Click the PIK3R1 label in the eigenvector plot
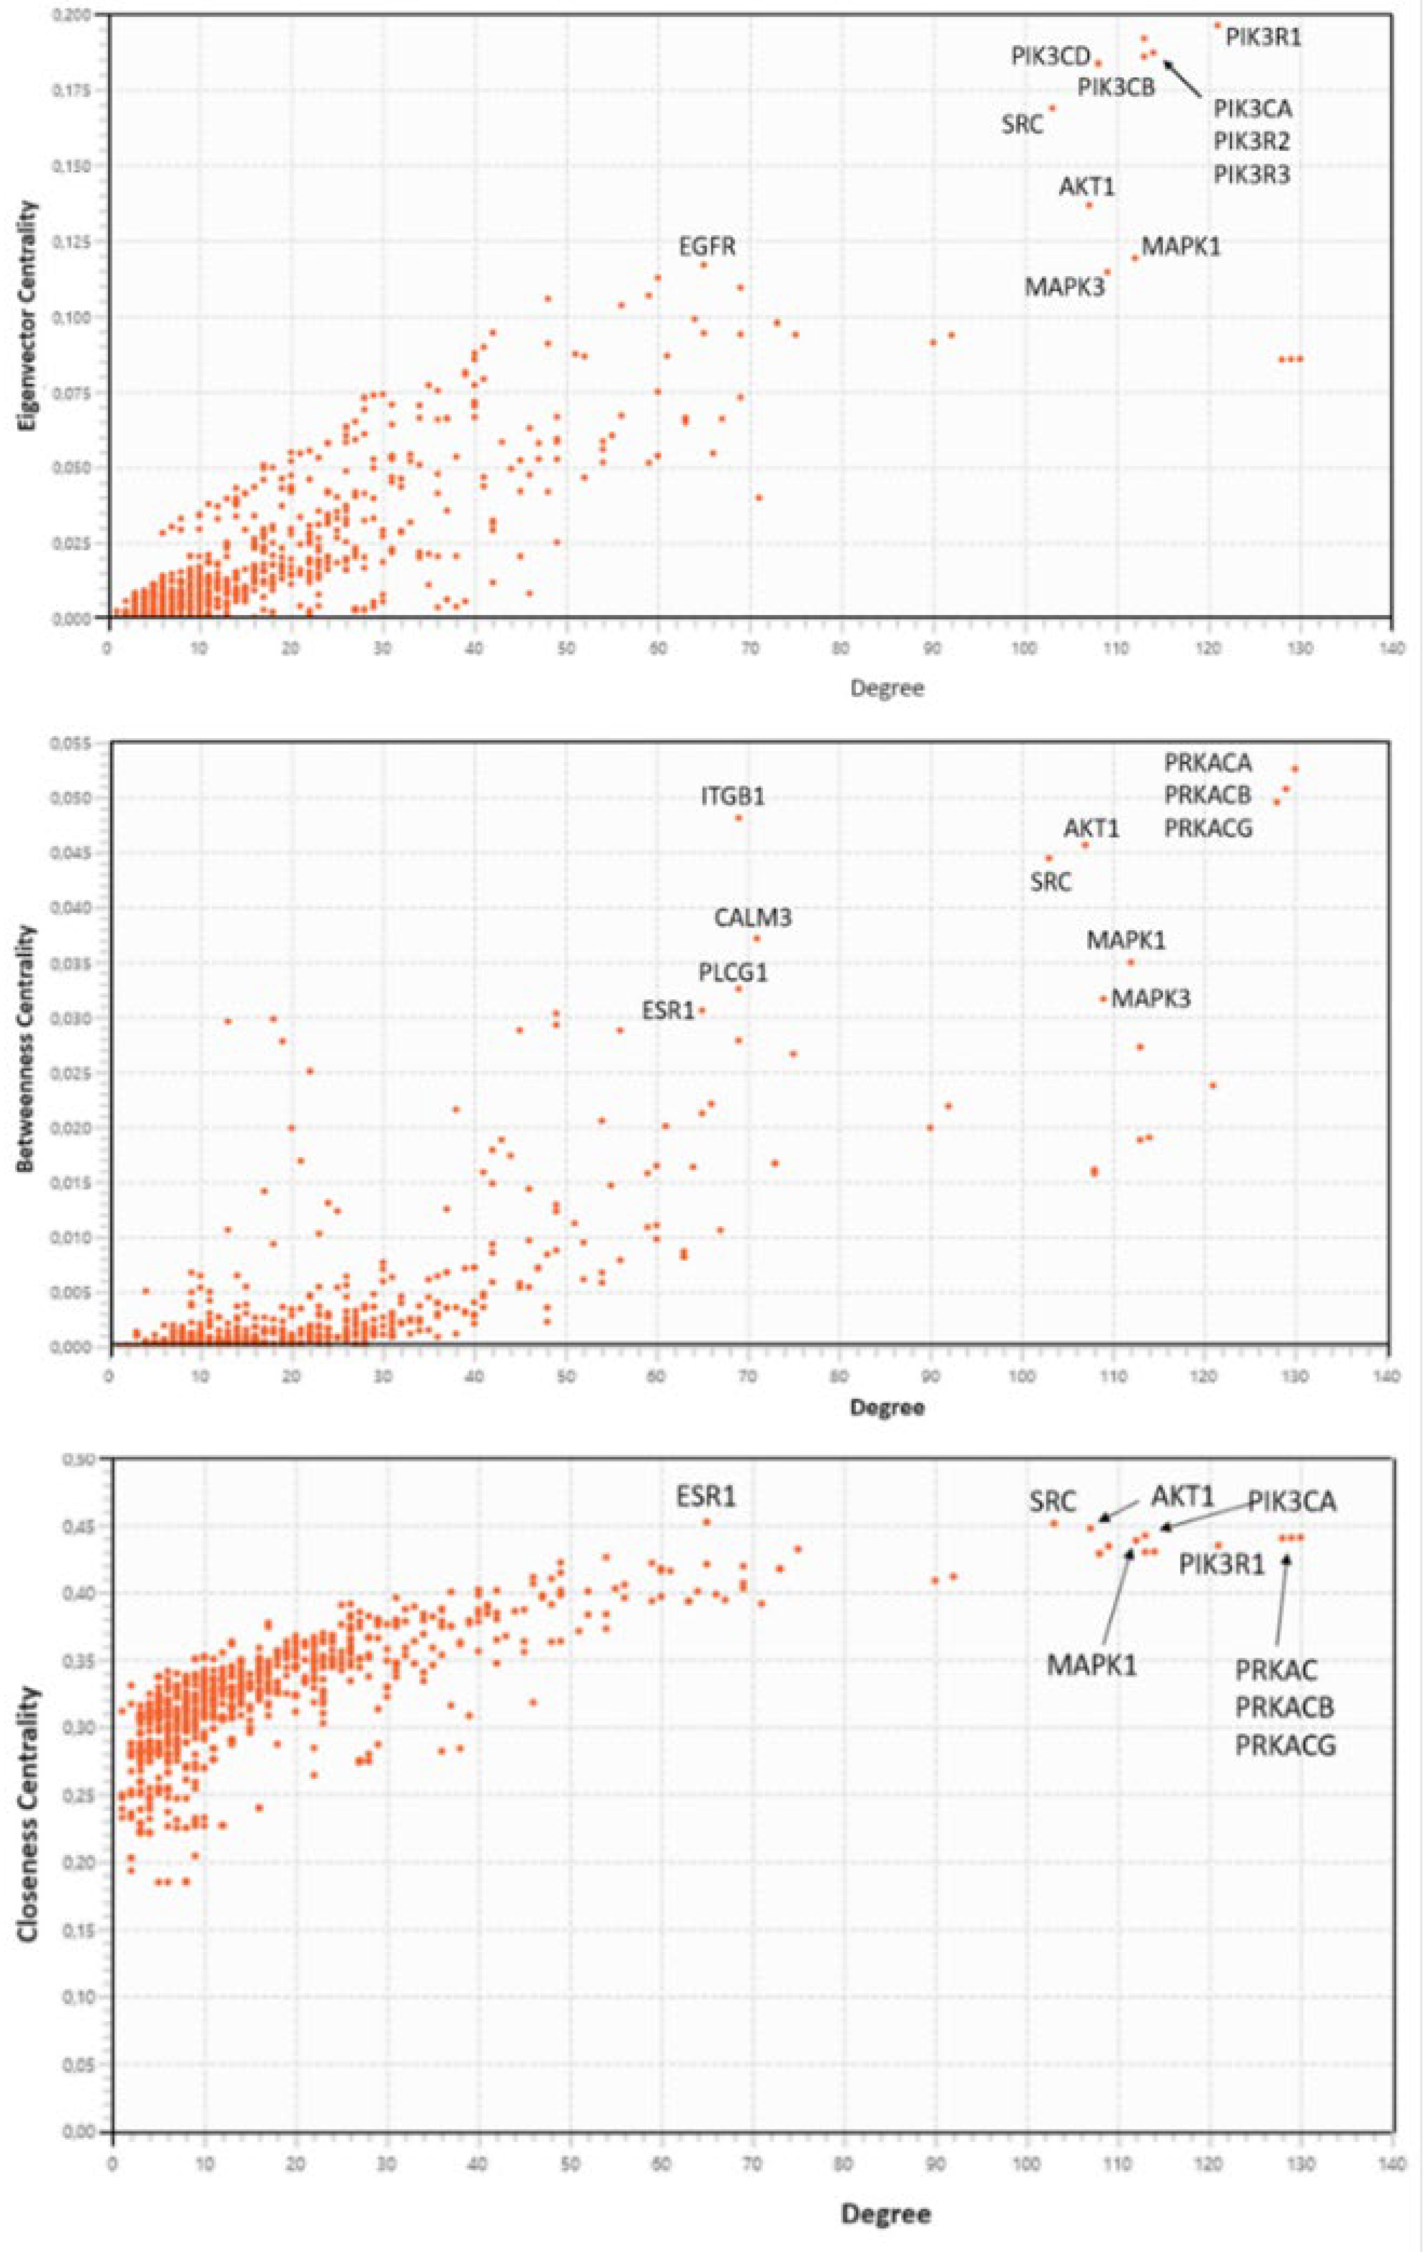(1263, 38)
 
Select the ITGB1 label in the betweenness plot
(733, 797)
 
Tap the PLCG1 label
(733, 973)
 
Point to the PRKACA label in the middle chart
(1207, 763)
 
